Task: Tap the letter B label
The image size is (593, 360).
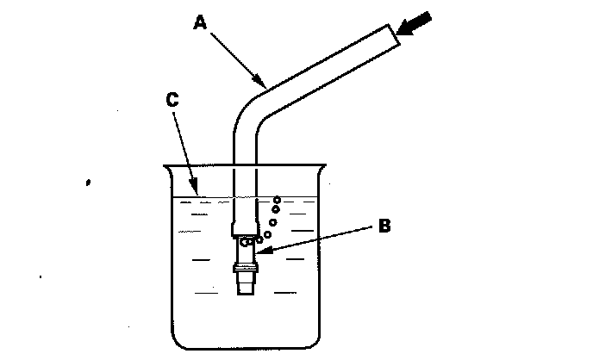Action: click(384, 227)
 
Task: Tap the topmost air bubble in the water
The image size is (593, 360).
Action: click(277, 199)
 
